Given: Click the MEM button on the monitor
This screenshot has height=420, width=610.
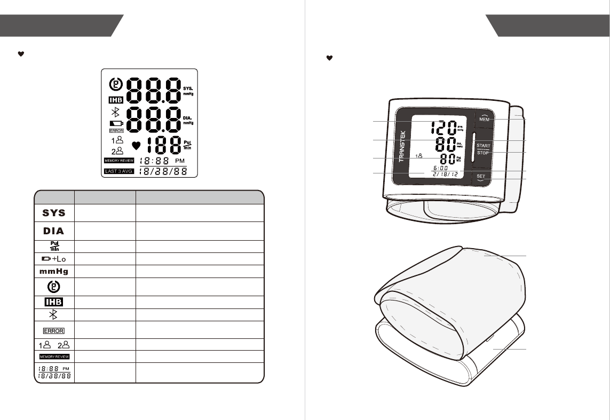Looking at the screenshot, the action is click(484, 120).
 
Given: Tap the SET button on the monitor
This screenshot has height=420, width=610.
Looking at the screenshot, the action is click(481, 177).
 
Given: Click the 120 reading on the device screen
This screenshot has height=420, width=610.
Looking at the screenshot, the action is click(442, 128).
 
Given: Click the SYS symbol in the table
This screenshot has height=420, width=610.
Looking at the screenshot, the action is click(54, 212).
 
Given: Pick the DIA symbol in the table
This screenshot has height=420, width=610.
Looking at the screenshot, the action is click(54, 231).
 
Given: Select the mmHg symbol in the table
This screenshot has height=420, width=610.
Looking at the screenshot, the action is click(54, 271).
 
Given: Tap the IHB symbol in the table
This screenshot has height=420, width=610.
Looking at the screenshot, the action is click(54, 302).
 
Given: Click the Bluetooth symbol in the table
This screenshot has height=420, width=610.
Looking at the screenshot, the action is click(54, 314).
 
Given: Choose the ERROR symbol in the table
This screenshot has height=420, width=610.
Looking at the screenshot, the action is click(54, 330).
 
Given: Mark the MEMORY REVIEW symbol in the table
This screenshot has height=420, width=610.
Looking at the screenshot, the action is click(54, 356).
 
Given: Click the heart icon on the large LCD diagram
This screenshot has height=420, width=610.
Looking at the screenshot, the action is click(136, 145).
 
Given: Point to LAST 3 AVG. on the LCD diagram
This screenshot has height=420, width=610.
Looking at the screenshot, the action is click(119, 171).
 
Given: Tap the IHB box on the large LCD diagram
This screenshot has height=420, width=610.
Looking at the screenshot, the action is click(115, 100).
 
